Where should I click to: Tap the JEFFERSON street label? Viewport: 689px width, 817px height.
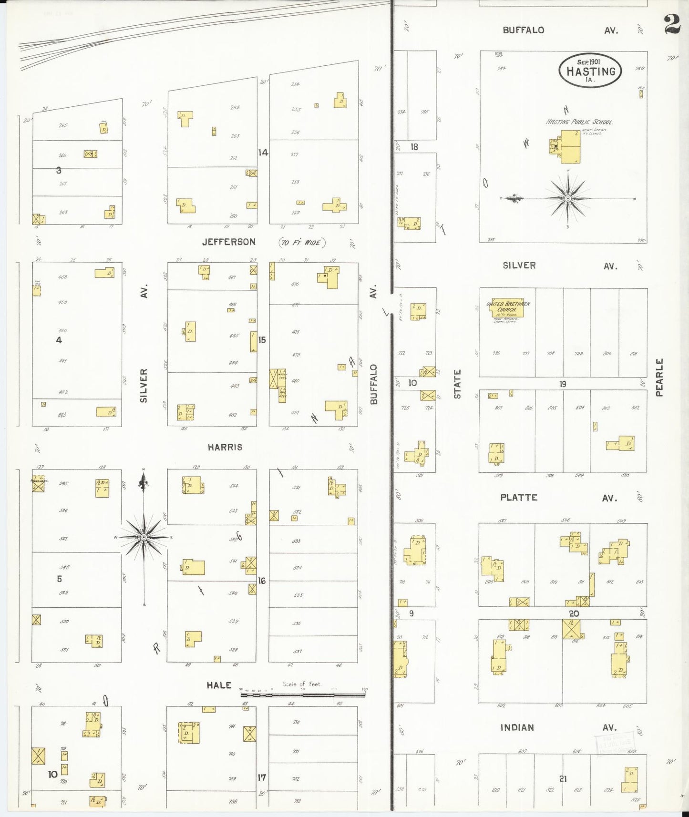[228, 242]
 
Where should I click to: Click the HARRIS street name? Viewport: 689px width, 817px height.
[225, 447]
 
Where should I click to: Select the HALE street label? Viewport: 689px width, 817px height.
[219, 685]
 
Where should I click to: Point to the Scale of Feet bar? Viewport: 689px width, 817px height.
[303, 695]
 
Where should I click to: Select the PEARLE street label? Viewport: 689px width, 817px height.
[659, 378]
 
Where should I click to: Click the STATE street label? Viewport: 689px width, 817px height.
[457, 384]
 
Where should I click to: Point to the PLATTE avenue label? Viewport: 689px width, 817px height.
[519, 498]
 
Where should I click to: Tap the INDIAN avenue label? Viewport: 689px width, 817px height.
[517, 727]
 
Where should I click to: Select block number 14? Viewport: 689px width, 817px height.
[263, 153]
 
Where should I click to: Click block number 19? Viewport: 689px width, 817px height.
[563, 384]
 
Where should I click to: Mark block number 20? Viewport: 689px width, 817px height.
[574, 613]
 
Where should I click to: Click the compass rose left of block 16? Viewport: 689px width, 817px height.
[144, 537]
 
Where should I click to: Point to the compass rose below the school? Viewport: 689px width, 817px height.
[568, 198]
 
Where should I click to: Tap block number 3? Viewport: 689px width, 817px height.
[59, 170]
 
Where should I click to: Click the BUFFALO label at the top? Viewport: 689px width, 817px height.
[523, 30]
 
